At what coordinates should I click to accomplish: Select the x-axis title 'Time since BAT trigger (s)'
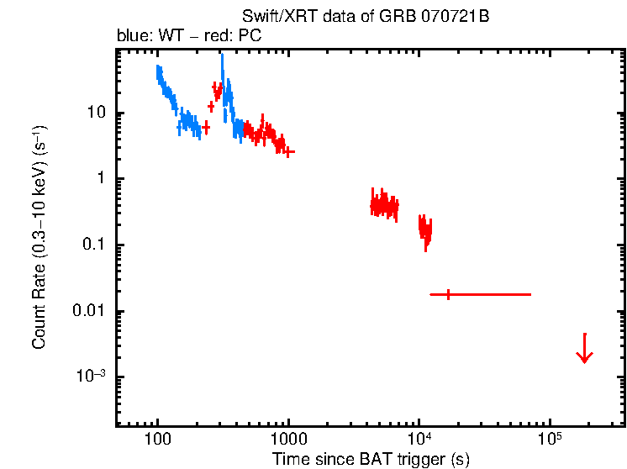point(371,459)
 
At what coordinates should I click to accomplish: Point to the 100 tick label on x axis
point(157,440)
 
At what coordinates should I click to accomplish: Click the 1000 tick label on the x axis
point(288,440)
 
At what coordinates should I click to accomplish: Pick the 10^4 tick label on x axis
point(419,439)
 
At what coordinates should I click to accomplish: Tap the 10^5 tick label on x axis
point(550,439)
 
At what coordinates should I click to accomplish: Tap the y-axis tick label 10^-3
point(95,377)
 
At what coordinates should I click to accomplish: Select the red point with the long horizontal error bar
point(449,294)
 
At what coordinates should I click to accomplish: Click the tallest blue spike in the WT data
point(222,59)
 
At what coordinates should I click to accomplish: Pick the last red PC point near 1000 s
point(288,152)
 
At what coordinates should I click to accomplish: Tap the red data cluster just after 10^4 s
point(425,229)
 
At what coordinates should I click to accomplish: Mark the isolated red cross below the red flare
point(205,126)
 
